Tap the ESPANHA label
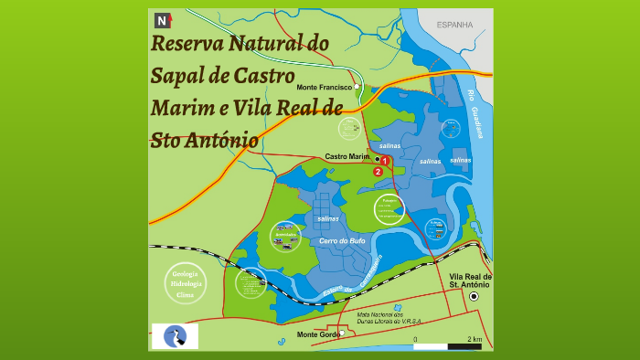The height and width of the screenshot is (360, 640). [454, 25]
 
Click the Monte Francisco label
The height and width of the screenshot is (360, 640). [325, 87]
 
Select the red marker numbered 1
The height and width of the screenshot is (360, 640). [385, 161]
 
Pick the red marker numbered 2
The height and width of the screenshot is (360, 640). [378, 171]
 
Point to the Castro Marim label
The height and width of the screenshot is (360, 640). [347, 157]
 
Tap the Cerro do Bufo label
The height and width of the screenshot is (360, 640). [342, 240]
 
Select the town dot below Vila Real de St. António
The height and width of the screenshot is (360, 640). [474, 297]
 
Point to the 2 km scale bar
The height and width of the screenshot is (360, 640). [447, 345]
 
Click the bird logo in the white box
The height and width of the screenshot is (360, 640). [175, 335]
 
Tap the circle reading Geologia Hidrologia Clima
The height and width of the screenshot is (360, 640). [185, 283]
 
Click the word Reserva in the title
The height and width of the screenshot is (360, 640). [187, 44]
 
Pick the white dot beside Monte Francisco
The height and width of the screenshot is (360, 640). [357, 87]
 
